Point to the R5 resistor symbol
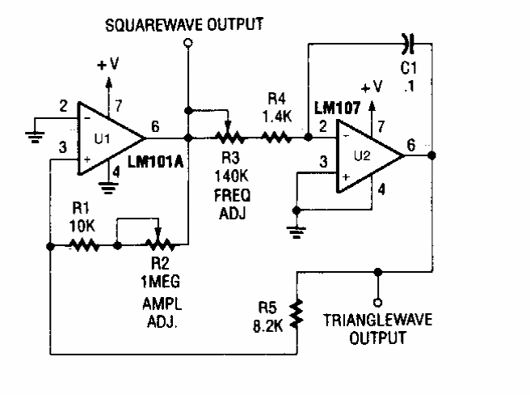[x=298, y=313]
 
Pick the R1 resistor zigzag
[x=83, y=243]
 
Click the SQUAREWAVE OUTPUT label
[x=185, y=25]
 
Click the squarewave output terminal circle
[x=187, y=47]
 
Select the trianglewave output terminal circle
[x=376, y=294]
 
